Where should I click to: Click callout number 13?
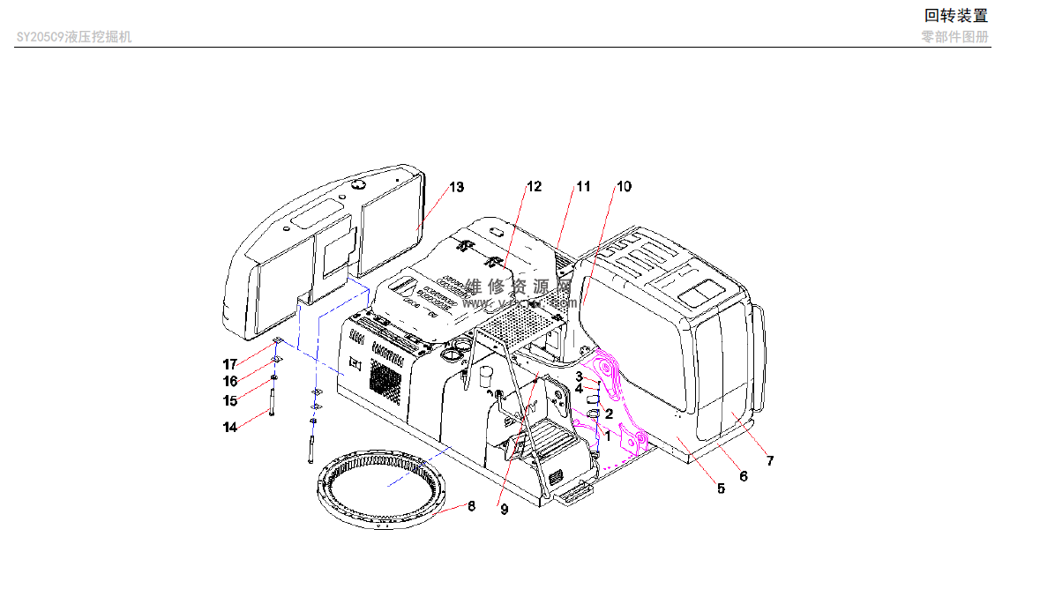pos(456,187)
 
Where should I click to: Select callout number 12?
pos(534,186)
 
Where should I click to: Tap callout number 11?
pos(583,186)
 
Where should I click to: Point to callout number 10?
pos(624,186)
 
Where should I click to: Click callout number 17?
pos(230,364)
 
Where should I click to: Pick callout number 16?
pos(230,382)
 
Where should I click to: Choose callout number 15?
pos(230,401)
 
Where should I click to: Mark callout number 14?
pos(230,428)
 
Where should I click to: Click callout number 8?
pos(471,506)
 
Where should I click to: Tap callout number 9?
pos(505,509)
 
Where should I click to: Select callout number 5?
pos(721,488)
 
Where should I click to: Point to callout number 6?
pos(743,476)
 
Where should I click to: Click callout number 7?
pos(769,460)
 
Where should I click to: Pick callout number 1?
pos(607,435)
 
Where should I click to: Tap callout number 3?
pos(580,377)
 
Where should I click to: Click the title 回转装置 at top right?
pos(955,15)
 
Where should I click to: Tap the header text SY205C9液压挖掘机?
pos(75,37)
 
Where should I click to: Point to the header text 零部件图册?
pos(954,37)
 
